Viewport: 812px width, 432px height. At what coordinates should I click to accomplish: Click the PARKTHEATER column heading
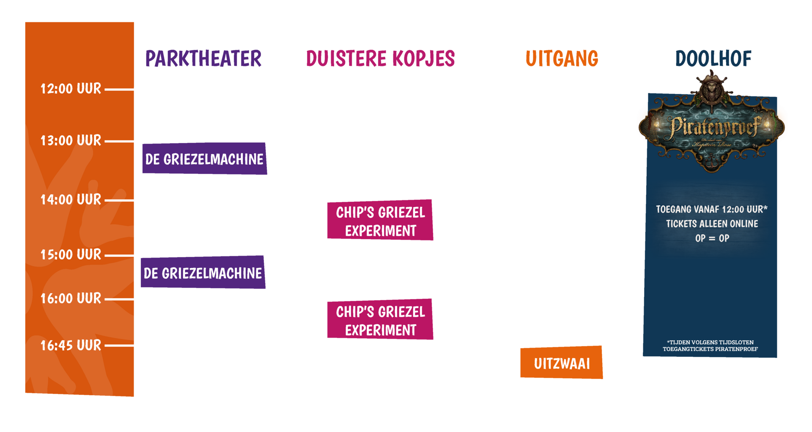(x=203, y=58)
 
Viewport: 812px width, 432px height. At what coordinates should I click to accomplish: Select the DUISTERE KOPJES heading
(x=380, y=58)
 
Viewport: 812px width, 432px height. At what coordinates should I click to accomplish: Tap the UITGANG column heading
(x=562, y=58)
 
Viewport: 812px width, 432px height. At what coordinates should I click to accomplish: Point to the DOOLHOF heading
(x=713, y=58)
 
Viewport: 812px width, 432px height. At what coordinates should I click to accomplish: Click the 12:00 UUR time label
(x=71, y=89)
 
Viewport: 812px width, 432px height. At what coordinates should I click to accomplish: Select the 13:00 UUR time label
(x=71, y=140)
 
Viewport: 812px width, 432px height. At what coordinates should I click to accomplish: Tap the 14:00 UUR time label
(x=71, y=200)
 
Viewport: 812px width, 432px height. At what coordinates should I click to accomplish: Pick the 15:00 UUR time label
(x=71, y=255)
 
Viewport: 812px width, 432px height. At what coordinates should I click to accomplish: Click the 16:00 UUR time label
(x=71, y=299)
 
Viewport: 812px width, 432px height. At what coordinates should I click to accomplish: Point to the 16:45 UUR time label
(x=71, y=346)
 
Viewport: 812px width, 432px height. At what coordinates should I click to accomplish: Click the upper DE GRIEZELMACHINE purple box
(x=204, y=159)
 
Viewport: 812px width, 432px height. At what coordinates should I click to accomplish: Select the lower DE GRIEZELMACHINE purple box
(x=203, y=273)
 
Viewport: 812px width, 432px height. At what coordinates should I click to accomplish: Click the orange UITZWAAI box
(x=562, y=363)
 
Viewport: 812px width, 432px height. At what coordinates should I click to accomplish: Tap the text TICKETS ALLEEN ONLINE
(x=712, y=224)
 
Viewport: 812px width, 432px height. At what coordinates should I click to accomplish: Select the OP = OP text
(x=712, y=238)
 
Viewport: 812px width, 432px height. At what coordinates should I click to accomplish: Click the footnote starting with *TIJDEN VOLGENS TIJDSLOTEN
(x=710, y=346)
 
